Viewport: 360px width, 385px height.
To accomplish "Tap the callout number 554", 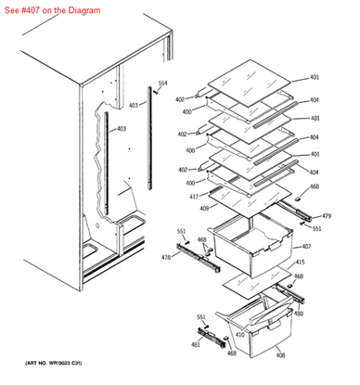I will (x=163, y=83).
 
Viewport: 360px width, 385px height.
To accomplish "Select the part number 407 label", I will (x=307, y=247).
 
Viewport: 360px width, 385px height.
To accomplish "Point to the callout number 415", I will (x=300, y=263).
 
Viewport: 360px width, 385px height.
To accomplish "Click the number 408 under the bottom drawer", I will (x=280, y=355).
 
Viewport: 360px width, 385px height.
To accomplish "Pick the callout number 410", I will (x=239, y=334).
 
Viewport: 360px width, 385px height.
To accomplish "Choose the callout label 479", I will (x=326, y=216).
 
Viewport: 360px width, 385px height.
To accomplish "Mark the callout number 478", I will (x=167, y=257).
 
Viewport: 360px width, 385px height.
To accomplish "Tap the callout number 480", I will (x=298, y=314).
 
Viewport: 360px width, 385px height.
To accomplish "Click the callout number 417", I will (x=194, y=197).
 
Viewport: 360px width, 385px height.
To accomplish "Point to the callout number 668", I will (x=315, y=187).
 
